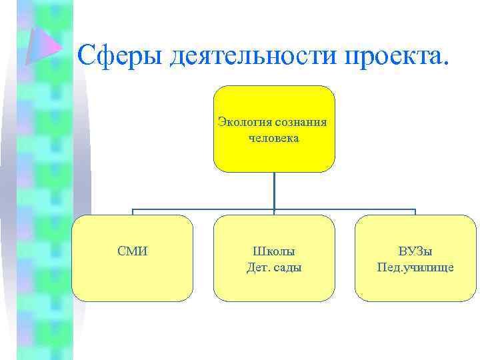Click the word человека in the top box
[274, 139]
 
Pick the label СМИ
[133, 251]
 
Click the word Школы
[274, 251]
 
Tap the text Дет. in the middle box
[257, 267]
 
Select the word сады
[288, 267]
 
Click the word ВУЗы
[415, 251]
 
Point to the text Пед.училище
[415, 267]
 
